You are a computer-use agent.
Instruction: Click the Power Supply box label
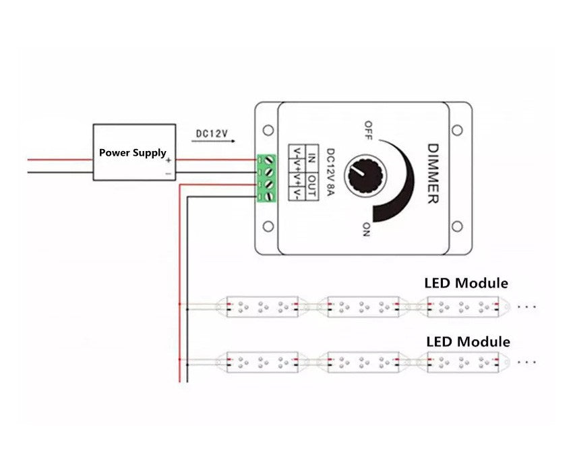pos(132,153)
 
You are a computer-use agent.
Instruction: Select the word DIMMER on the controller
pos(433,174)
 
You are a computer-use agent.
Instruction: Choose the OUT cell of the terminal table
pos(311,182)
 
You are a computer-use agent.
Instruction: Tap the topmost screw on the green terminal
pos(268,160)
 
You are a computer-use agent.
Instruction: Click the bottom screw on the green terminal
pos(268,196)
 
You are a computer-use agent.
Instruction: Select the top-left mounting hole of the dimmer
pos(268,130)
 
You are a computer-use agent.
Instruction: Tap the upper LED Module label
pos(466,283)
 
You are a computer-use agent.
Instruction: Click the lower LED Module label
pos(468,342)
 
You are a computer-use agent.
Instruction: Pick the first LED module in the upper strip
pos(262,307)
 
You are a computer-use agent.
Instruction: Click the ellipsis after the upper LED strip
pos(526,306)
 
